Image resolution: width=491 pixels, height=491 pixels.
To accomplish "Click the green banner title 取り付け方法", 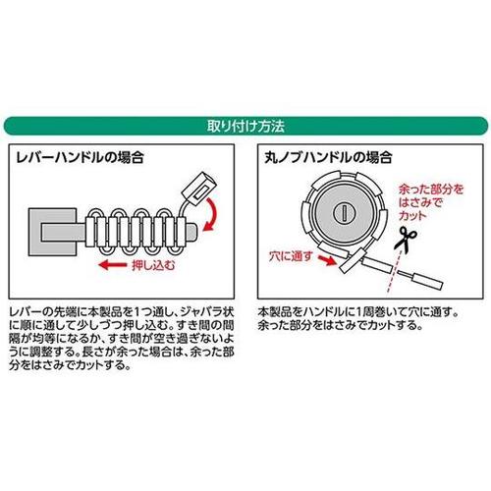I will [x=245, y=126].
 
